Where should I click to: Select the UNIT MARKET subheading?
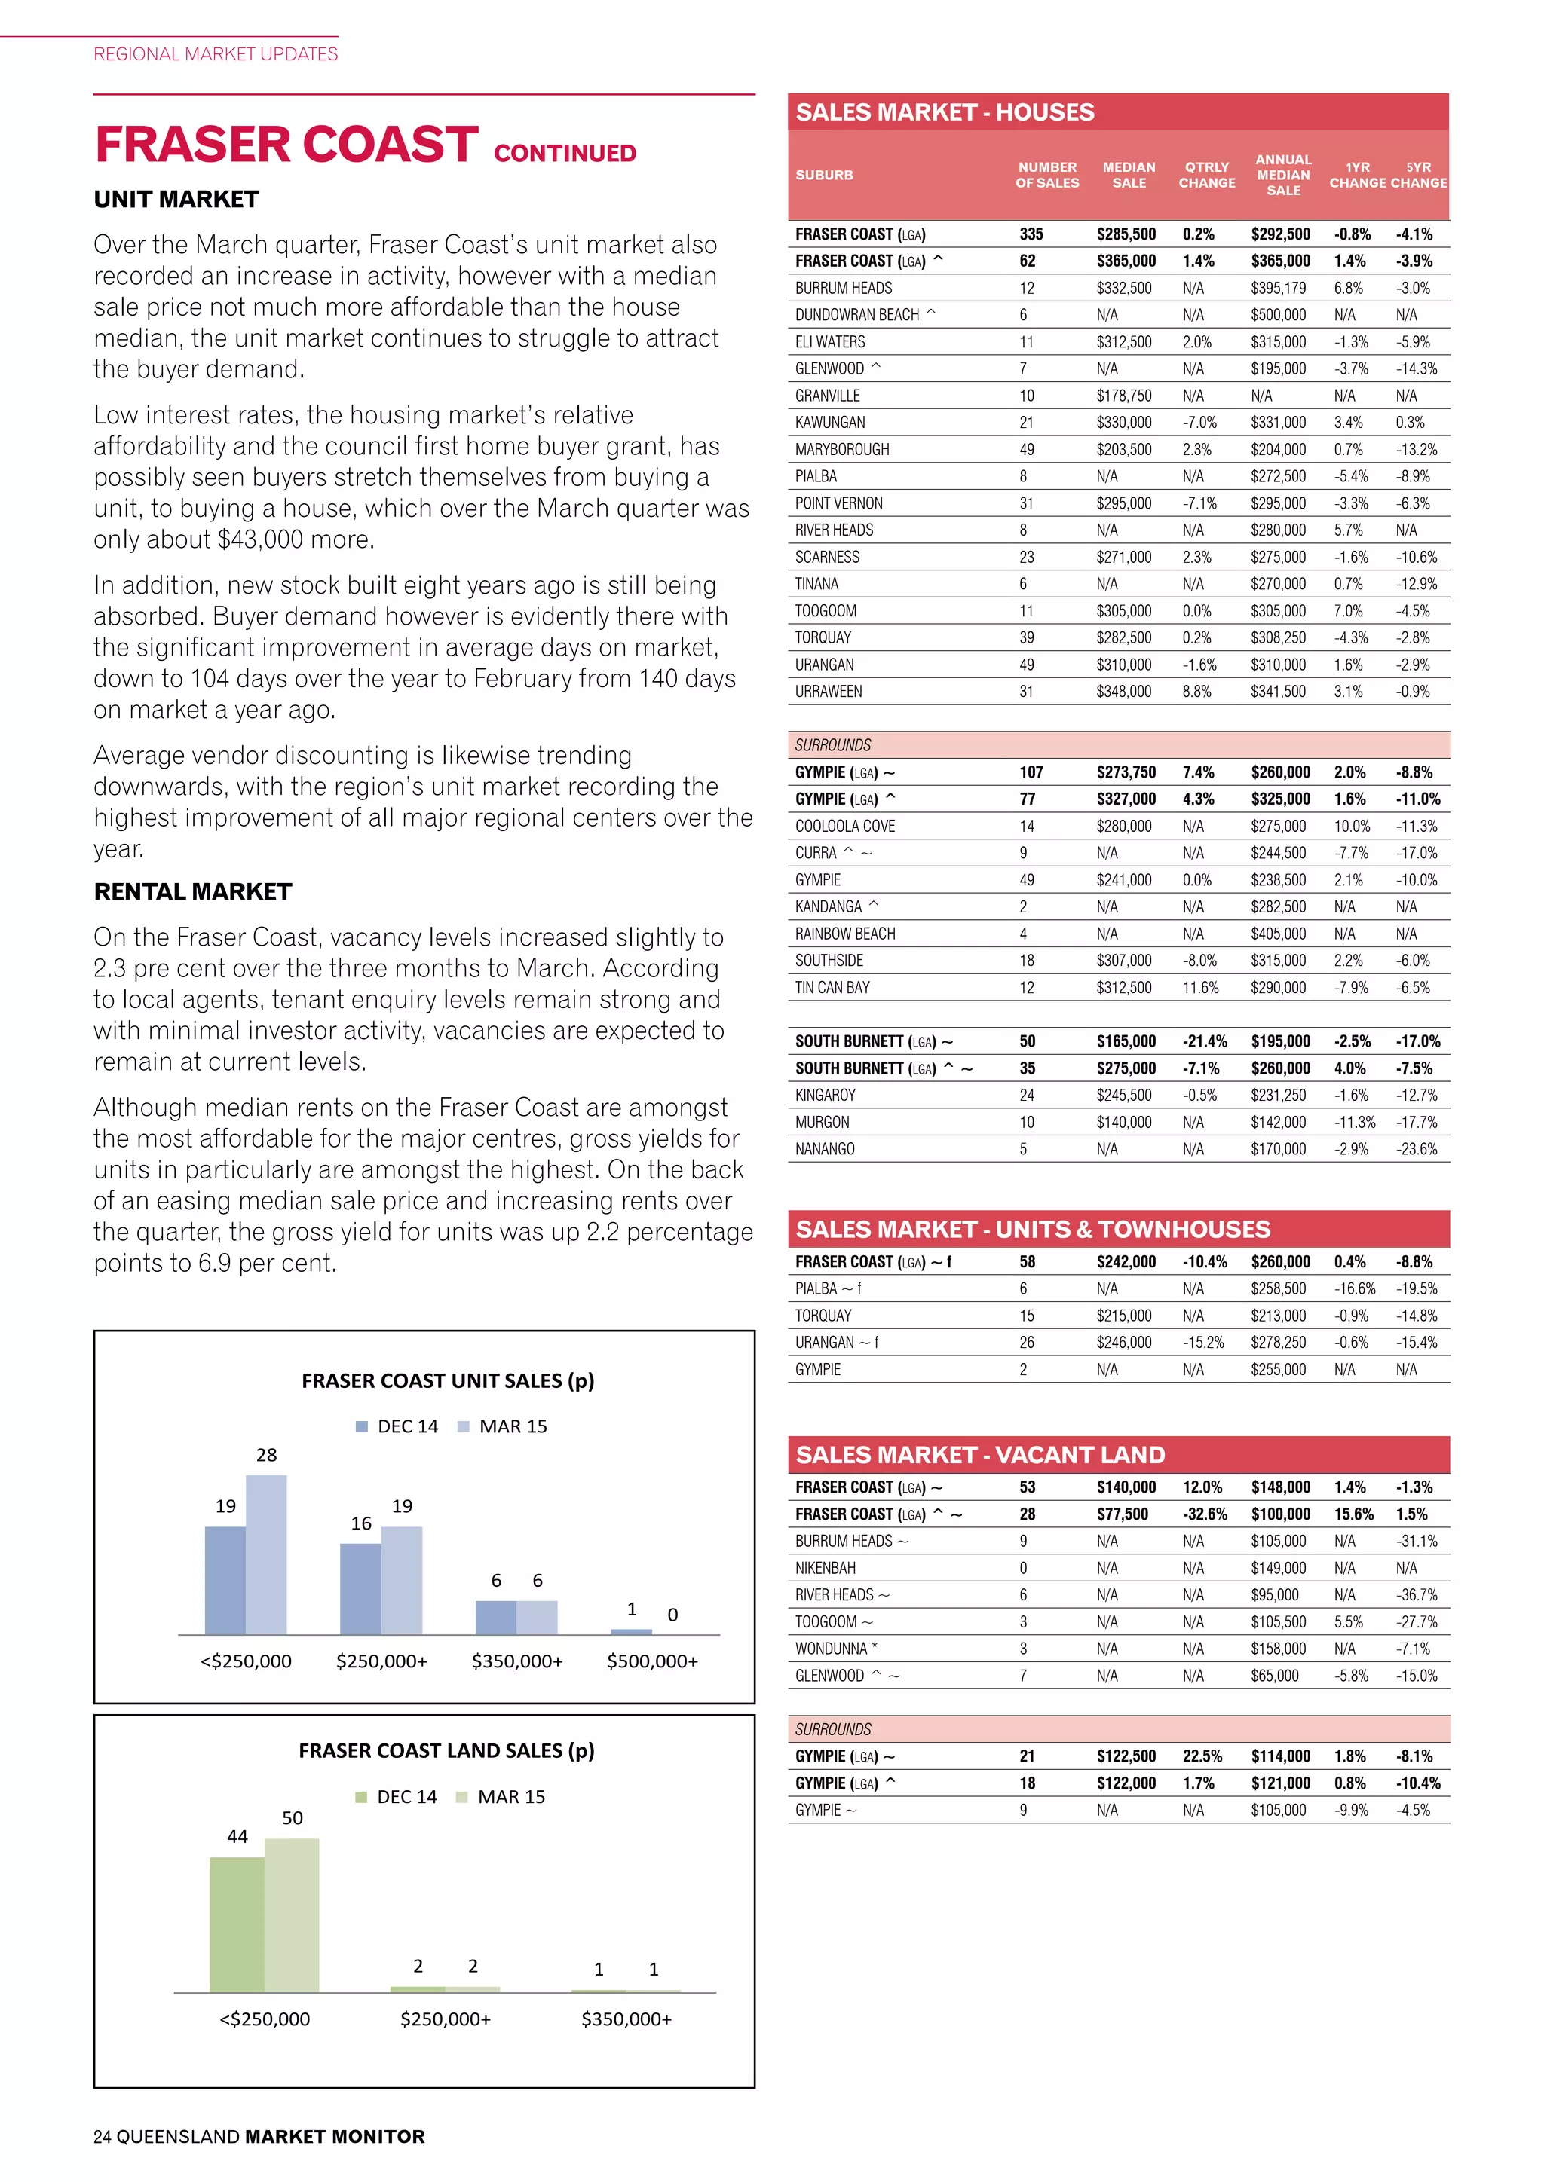click(x=176, y=200)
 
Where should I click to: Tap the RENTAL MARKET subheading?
click(x=192, y=891)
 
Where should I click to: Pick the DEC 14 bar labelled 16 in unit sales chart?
click(x=360, y=1588)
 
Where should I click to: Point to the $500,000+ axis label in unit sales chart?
click(x=652, y=1661)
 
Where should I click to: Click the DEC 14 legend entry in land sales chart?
click(x=397, y=1796)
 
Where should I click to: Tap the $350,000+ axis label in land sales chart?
click(x=626, y=2019)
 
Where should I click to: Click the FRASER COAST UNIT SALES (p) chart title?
click(x=448, y=1381)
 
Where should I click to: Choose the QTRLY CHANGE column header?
click(x=1206, y=175)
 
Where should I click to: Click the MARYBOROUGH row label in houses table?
click(x=842, y=450)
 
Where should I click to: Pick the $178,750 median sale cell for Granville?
click(x=1124, y=396)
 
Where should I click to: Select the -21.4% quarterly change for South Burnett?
click(x=1205, y=1041)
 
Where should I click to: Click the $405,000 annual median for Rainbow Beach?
click(x=1278, y=934)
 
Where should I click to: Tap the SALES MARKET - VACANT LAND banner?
click(x=980, y=1455)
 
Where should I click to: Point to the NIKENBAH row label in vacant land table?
click(x=826, y=1568)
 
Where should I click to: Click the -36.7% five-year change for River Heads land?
click(x=1417, y=1595)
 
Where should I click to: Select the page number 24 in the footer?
click(x=102, y=2136)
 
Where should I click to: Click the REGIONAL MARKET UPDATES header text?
click(x=216, y=54)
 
